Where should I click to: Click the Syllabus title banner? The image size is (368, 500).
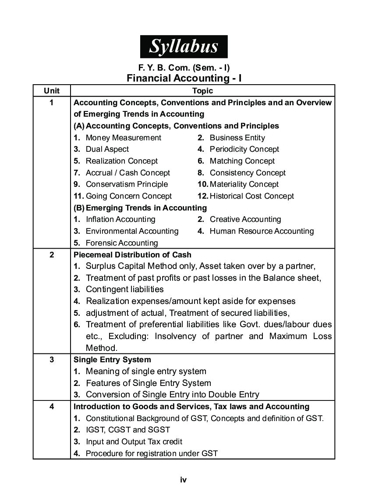[184, 46]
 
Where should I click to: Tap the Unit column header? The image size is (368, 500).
[52, 91]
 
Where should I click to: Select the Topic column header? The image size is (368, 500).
[202, 91]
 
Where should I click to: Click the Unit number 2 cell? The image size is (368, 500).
[52, 254]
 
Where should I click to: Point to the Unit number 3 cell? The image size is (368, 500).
[52, 360]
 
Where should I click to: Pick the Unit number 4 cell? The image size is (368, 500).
[52, 407]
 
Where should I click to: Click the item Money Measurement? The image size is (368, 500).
[123, 138]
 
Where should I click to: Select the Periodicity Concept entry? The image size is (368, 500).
[244, 149]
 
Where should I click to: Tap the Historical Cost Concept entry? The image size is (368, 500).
[251, 196]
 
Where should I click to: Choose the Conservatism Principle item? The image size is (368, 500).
[126, 184]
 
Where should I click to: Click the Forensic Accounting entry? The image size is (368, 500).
[121, 243]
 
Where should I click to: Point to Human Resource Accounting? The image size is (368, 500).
[262, 231]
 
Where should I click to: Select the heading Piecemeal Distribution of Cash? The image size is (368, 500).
[132, 254]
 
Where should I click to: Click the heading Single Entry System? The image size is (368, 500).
[112, 360]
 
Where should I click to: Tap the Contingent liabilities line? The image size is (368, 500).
[124, 289]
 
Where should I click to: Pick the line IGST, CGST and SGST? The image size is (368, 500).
[127, 430]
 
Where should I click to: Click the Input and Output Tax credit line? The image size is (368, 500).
[134, 442]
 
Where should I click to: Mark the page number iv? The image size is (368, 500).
[184, 480]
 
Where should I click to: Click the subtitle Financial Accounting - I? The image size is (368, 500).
[184, 78]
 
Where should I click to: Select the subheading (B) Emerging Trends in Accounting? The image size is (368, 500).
[140, 208]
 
